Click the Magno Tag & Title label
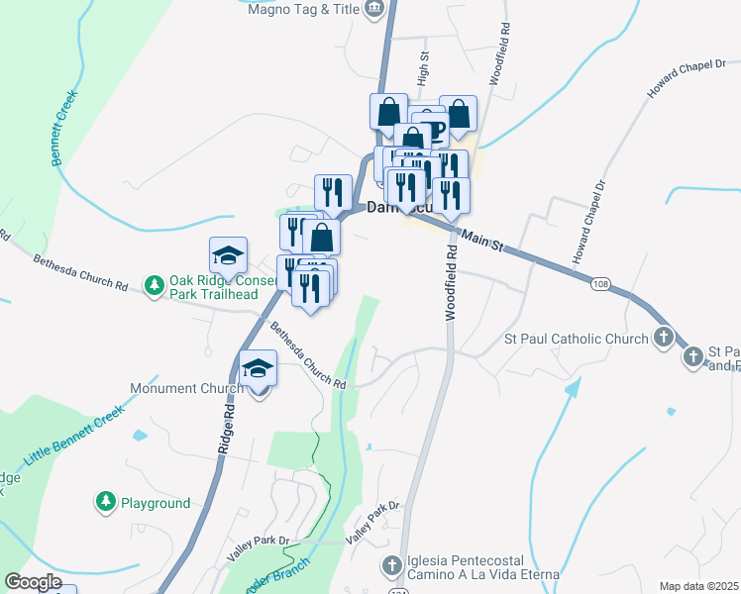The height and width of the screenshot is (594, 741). pyautogui.click(x=302, y=9)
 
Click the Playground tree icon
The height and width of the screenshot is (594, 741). pyautogui.click(x=105, y=503)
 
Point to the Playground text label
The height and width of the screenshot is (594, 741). pyautogui.click(x=156, y=503)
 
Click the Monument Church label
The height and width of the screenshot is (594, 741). pyautogui.click(x=187, y=388)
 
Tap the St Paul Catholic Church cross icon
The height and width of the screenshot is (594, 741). pyautogui.click(x=664, y=339)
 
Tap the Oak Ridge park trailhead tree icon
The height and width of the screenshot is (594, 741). pyautogui.click(x=154, y=286)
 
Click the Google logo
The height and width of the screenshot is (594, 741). pyautogui.click(x=33, y=582)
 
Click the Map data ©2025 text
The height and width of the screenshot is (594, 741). pyautogui.click(x=699, y=586)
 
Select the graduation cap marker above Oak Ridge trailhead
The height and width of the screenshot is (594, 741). pyautogui.click(x=228, y=256)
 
